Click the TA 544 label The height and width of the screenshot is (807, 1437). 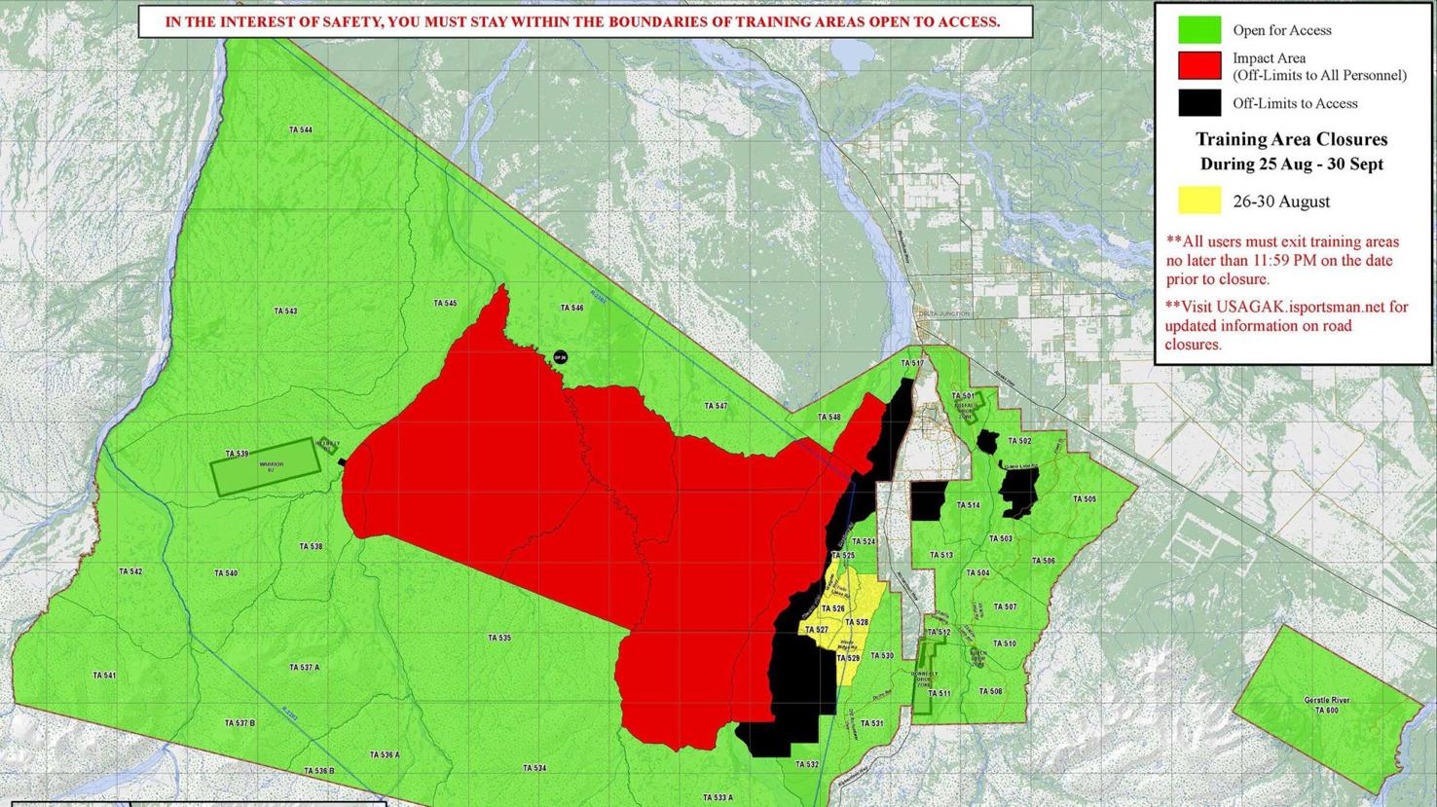(x=300, y=129)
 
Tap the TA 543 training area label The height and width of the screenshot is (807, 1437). (x=285, y=312)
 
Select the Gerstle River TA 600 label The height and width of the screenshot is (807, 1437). (x=1327, y=706)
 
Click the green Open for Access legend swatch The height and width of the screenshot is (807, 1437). (x=1198, y=30)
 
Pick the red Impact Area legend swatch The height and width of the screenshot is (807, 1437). (x=1198, y=66)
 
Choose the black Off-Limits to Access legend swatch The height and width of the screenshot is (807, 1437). (x=1198, y=103)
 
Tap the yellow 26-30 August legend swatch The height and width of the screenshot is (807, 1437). (x=1198, y=202)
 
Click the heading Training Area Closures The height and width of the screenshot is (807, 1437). (x=1291, y=140)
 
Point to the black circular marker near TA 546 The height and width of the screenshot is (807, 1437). (x=560, y=358)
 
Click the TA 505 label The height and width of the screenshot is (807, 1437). (x=1084, y=499)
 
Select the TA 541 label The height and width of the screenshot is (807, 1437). (x=104, y=676)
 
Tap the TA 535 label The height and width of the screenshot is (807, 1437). (x=499, y=638)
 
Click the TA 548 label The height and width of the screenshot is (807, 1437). (x=829, y=418)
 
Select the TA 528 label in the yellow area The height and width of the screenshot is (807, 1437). (x=856, y=623)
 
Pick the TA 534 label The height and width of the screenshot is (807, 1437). (x=534, y=768)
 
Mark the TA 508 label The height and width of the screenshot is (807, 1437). (x=990, y=692)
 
